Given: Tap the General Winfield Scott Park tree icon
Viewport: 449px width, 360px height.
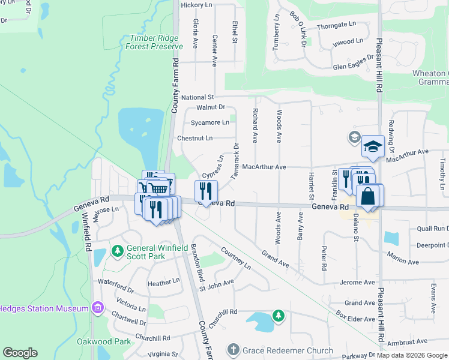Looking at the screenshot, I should click(118, 249).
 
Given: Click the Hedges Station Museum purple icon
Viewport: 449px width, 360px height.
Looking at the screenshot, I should click(97, 308).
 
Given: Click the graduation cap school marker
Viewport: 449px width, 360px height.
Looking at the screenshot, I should click(372, 146).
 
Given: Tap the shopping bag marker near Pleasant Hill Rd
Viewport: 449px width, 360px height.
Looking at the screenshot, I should click(367, 196).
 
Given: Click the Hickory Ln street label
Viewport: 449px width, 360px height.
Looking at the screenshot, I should click(197, 5).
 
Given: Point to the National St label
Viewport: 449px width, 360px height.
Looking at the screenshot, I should click(197, 97).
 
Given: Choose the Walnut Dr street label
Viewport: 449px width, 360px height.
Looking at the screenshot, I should click(210, 107).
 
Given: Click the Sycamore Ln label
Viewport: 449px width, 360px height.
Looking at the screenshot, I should click(210, 122).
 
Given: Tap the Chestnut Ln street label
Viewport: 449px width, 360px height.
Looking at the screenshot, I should click(195, 138).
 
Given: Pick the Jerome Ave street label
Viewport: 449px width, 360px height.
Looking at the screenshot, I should click(357, 282).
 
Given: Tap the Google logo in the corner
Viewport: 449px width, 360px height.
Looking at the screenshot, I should click(20, 353).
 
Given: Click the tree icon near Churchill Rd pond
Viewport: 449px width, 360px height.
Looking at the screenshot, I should click(277, 314).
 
